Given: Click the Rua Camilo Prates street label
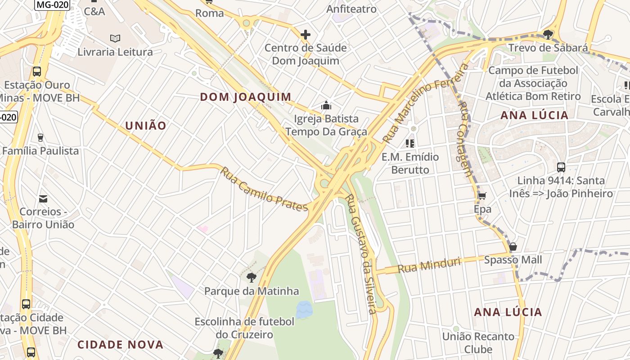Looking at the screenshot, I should point(264,189).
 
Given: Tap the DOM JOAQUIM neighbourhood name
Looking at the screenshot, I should point(246,97).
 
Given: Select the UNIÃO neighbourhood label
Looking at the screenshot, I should point(146,126).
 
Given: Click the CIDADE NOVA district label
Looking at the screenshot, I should point(120,345).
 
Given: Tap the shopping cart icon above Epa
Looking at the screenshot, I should point(482,196).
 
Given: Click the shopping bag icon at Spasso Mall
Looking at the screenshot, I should point(513,247).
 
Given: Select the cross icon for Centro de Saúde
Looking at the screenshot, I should point(306,35).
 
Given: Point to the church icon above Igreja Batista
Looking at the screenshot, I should point(326,106).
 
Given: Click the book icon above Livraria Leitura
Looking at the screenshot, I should point(115,39).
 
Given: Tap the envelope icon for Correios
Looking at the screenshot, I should point(43,198).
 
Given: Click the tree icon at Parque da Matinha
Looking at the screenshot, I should point(251,278).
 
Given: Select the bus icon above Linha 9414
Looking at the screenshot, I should point(561,167).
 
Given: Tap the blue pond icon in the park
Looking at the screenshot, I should point(304,309).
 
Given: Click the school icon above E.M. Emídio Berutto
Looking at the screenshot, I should point(409,144).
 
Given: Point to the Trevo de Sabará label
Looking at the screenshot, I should point(548,48).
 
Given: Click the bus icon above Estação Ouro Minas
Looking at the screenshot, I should point(37,72).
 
